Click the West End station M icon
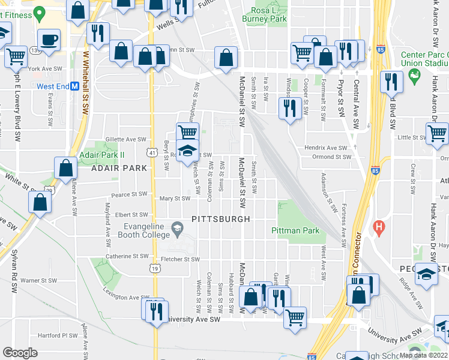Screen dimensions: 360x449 (x=74, y=86)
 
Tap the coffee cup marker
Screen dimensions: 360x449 (x=49, y=40)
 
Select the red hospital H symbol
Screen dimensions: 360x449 (x=378, y=227)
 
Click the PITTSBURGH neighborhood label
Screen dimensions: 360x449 (x=220, y=220)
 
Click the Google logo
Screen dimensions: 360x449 (x=20, y=353)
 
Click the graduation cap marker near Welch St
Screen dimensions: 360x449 (x=187, y=150)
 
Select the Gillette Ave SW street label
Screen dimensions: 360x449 (x=125, y=139)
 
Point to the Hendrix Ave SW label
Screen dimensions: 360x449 (x=326, y=148)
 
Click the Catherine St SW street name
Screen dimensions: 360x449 (x=126, y=256)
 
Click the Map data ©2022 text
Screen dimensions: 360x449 (x=424, y=355)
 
